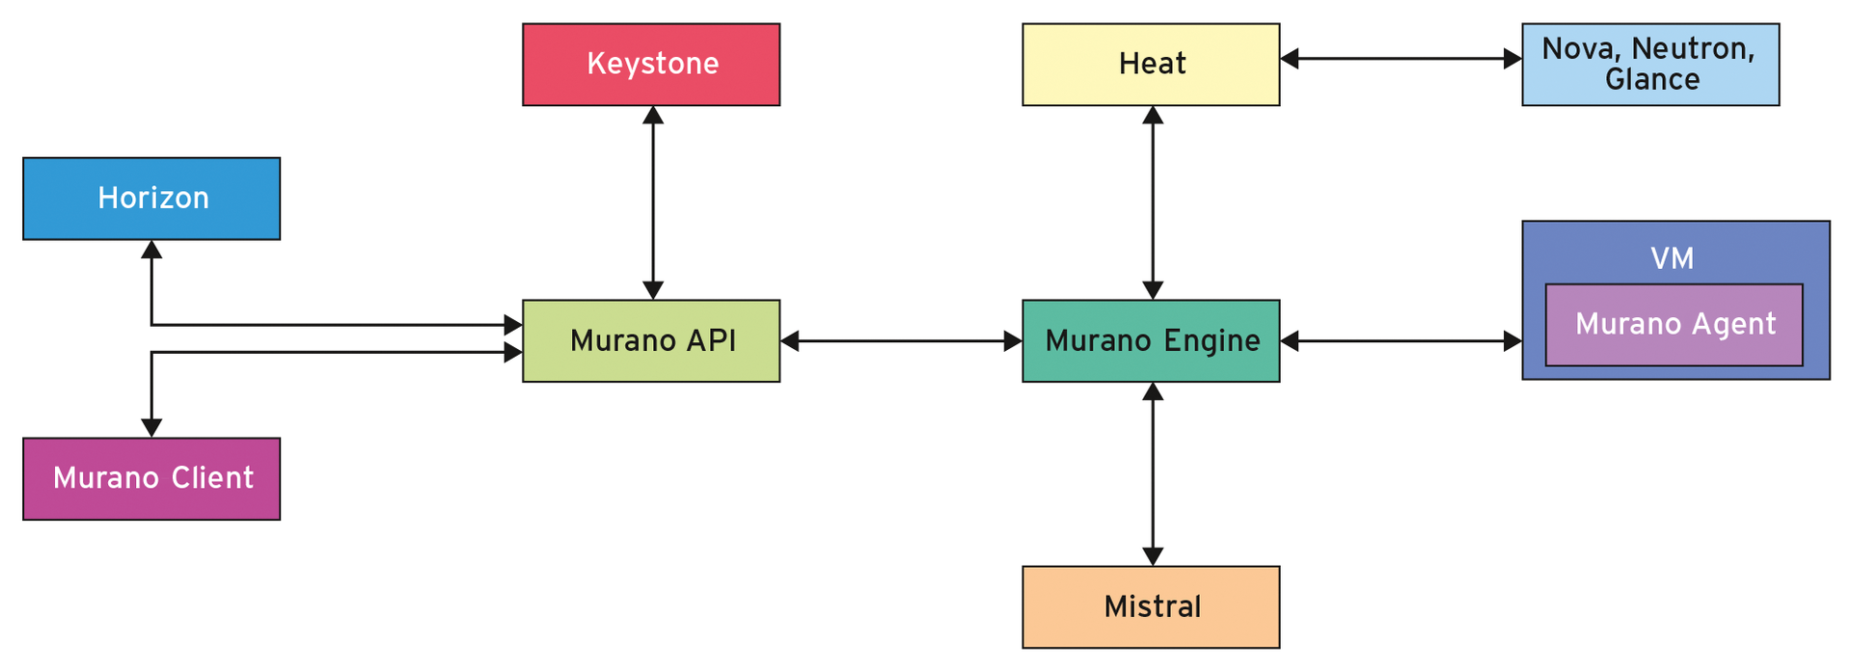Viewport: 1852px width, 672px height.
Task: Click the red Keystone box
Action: coord(651,65)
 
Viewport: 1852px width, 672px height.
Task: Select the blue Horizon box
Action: coord(151,199)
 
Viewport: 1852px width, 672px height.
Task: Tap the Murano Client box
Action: coord(151,479)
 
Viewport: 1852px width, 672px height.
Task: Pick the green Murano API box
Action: coord(651,341)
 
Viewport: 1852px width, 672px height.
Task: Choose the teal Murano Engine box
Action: coord(1151,341)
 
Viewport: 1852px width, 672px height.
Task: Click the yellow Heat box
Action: coord(1151,65)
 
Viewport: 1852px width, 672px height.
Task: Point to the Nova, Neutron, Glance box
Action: coord(1650,65)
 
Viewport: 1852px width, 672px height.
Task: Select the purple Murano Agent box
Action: coord(1674,325)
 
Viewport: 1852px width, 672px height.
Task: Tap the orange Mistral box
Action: coord(1151,607)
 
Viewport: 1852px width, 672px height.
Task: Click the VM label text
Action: coord(1672,258)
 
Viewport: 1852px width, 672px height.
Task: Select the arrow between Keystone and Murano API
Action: coord(653,202)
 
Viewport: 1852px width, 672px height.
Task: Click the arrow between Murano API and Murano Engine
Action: coord(901,341)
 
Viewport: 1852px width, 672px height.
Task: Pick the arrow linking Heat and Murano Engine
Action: coord(1153,202)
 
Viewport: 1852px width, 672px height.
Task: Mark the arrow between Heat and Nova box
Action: coord(1401,59)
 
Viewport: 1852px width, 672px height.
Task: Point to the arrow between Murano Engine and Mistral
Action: coord(1153,474)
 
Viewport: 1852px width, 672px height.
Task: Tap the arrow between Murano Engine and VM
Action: coord(1401,341)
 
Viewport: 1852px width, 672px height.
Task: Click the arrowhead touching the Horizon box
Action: coord(151,250)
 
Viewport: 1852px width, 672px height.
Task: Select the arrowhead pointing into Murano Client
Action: coord(151,428)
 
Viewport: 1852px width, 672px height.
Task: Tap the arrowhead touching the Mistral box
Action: coord(1153,556)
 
